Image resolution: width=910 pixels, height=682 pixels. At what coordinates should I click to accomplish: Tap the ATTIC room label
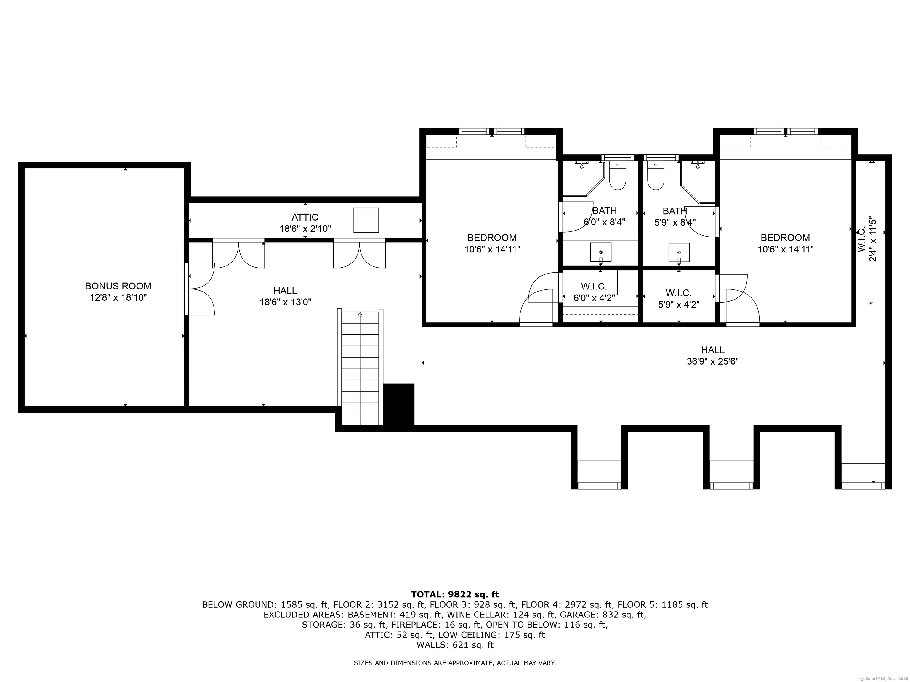[305, 217]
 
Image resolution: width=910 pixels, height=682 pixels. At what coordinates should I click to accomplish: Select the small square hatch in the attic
[366, 220]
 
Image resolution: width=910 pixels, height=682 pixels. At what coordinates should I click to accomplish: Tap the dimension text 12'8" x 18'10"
[118, 297]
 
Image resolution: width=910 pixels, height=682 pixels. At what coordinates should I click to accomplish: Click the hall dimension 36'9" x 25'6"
[713, 361]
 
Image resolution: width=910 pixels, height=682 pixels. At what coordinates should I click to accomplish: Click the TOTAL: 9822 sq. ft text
[455, 594]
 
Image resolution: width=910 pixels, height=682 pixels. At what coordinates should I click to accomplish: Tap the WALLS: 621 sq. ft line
[455, 645]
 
